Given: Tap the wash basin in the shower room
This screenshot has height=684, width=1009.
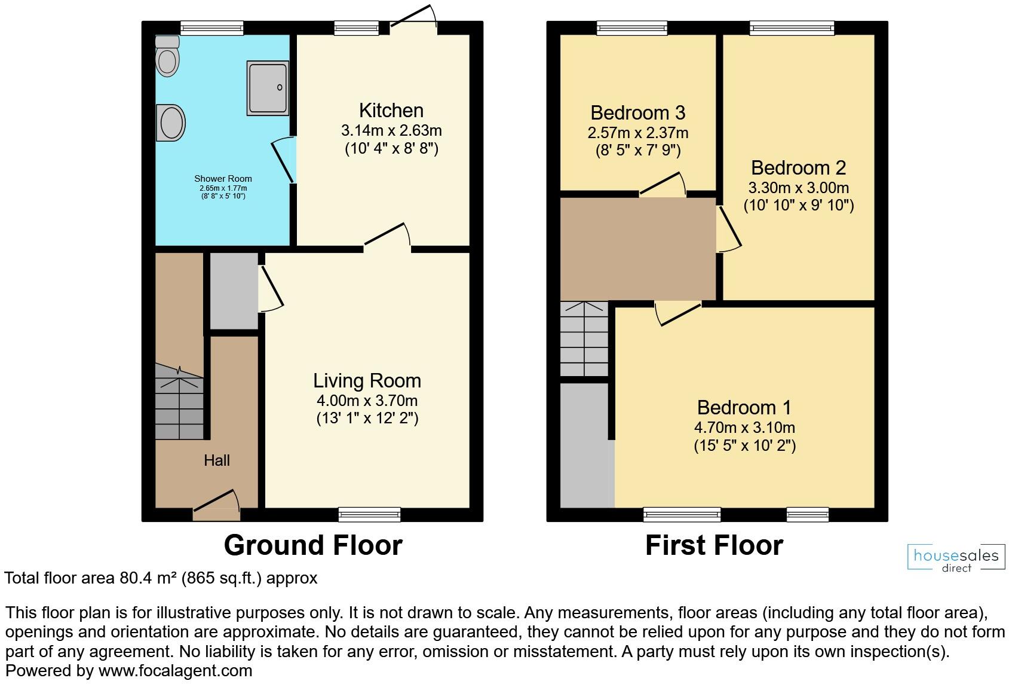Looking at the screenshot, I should click(x=171, y=123).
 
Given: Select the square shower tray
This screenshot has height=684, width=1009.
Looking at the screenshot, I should click(x=268, y=88).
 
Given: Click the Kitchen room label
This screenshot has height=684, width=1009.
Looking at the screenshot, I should click(x=391, y=111).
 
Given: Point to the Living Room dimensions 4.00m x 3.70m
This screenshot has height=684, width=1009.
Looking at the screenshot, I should click(x=367, y=401).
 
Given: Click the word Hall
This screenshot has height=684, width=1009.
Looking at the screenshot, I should click(x=216, y=460).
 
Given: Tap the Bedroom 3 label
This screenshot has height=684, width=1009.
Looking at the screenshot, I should click(x=637, y=112).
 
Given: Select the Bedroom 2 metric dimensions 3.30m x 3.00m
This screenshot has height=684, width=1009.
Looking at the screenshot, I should click(x=798, y=188).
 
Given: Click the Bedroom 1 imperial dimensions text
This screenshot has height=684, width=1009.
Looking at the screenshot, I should click(x=744, y=445).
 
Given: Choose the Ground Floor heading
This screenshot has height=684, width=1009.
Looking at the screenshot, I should click(x=313, y=545).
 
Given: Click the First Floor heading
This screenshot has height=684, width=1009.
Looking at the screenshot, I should click(x=714, y=545).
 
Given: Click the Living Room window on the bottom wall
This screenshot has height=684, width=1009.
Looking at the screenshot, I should click(x=369, y=514).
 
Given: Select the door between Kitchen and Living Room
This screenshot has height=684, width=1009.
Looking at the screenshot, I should click(x=387, y=236).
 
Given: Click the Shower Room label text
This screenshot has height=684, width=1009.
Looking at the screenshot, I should click(x=223, y=179).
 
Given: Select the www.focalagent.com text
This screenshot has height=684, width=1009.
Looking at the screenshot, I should click(x=175, y=671).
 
